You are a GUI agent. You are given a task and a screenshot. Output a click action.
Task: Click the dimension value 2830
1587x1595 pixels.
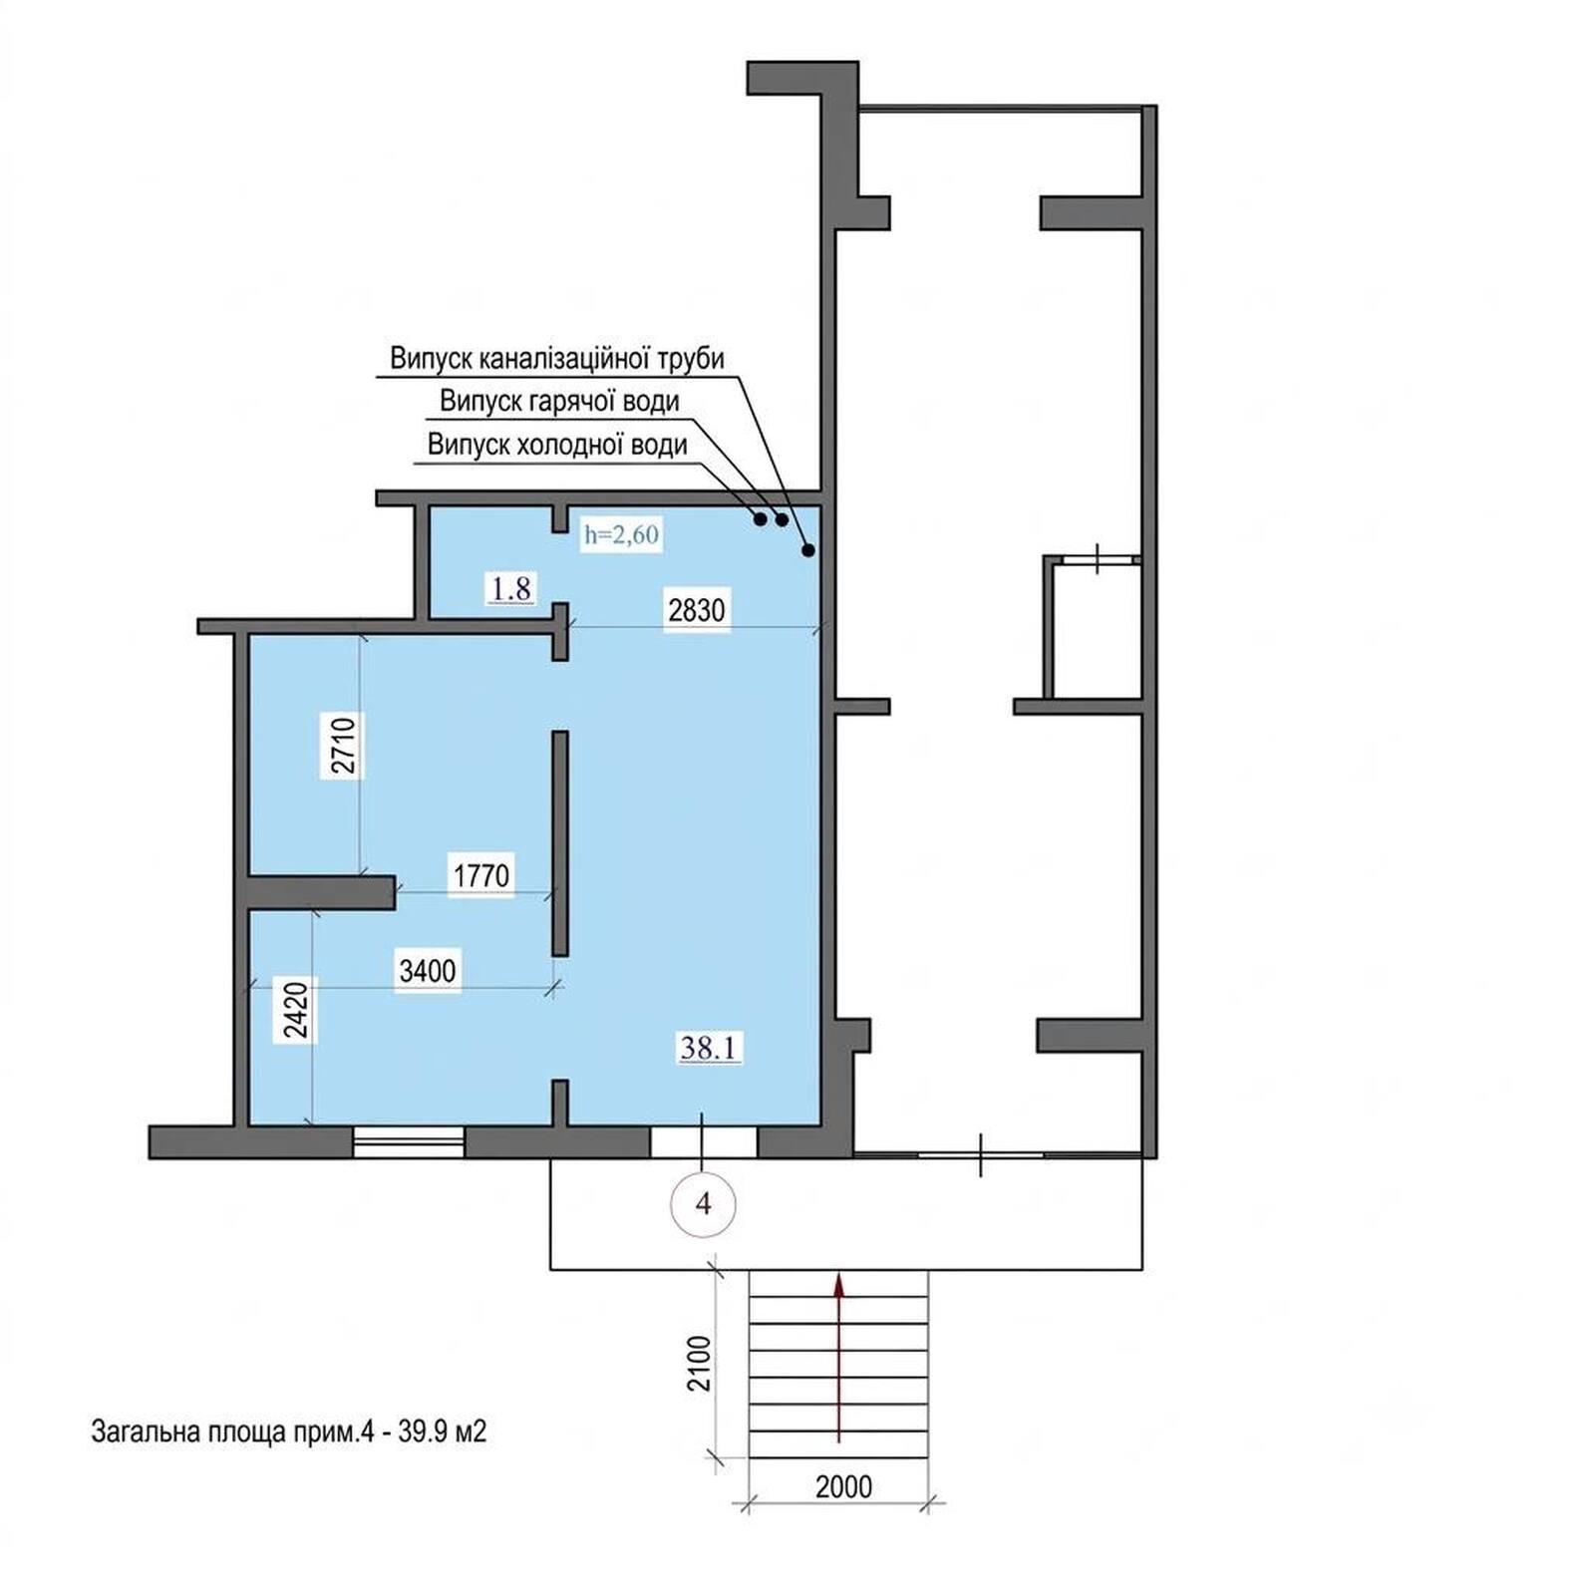click(x=696, y=608)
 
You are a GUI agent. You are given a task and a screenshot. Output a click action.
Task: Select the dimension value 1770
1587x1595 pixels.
click(x=481, y=875)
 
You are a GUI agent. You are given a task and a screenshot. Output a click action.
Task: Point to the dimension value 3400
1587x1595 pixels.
click(x=427, y=970)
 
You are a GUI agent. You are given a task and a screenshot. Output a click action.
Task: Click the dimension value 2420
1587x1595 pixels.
click(x=298, y=1011)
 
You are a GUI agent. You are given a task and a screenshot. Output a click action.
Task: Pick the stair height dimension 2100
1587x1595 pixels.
click(x=701, y=1363)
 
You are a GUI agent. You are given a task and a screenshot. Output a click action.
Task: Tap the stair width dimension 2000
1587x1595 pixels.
click(x=843, y=1486)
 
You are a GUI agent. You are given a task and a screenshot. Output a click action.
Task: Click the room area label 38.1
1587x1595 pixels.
click(x=709, y=1048)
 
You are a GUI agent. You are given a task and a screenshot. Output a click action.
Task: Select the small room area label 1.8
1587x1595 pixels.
click(x=510, y=588)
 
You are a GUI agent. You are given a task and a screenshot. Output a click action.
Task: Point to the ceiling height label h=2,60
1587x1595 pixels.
click(x=621, y=535)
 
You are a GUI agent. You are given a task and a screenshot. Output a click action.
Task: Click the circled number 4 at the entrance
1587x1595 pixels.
click(x=704, y=1204)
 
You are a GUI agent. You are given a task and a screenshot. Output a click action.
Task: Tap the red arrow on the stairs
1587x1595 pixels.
click(x=839, y=1357)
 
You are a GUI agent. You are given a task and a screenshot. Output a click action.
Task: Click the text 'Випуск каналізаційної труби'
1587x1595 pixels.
click(x=557, y=358)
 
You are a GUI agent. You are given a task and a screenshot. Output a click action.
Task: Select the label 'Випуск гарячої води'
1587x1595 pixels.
click(x=559, y=401)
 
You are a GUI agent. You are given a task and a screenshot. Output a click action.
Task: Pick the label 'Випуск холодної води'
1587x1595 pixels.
click(x=557, y=444)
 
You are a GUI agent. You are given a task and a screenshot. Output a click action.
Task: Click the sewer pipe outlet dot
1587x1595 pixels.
click(x=808, y=550)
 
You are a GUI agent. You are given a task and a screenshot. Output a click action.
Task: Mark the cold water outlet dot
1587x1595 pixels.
click(x=760, y=518)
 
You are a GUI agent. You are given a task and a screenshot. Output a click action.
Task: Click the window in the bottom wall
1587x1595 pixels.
click(x=409, y=1142)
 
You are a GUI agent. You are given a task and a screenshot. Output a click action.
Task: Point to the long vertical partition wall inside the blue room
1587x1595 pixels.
click(x=560, y=843)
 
